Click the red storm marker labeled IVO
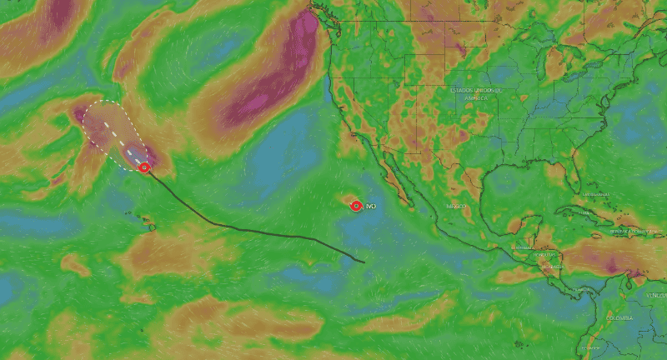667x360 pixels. (x=356, y=205)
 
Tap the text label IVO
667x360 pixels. (x=371, y=205)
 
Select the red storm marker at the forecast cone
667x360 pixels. (x=144, y=167)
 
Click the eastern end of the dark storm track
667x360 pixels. (x=364, y=262)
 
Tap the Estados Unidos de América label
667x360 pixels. (x=479, y=93)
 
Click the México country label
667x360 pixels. (x=455, y=206)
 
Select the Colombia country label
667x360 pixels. (x=619, y=317)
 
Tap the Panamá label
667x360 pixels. (x=582, y=288)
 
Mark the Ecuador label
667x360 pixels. (x=590, y=348)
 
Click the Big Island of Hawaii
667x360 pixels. (x=151, y=226)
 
